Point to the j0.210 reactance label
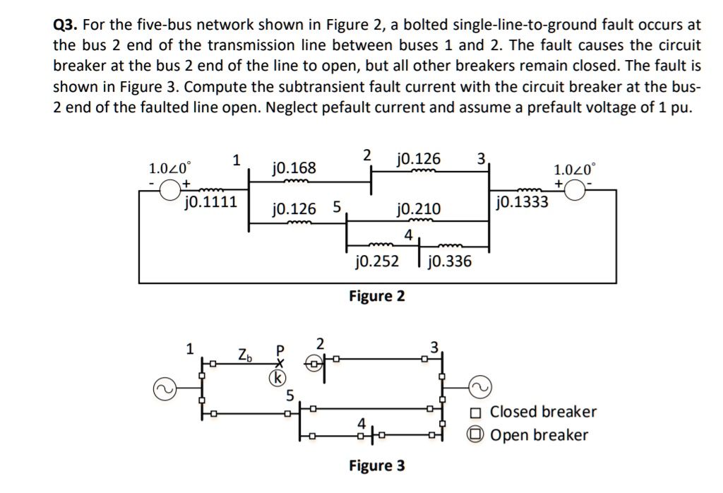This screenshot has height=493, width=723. click(419, 209)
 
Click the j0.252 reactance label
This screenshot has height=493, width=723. click(376, 262)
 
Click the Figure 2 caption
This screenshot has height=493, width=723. click(377, 295)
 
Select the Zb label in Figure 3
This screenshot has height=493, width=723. click(244, 351)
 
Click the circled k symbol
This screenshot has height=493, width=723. click(280, 378)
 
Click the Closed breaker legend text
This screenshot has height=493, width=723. click(543, 412)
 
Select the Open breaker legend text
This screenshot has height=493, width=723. click(539, 435)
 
